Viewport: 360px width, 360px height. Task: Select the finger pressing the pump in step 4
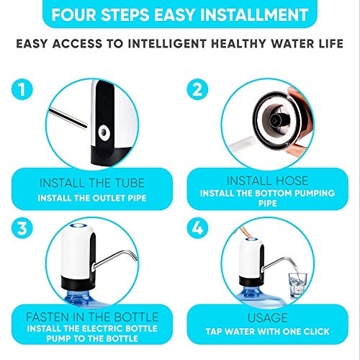click(246, 229)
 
